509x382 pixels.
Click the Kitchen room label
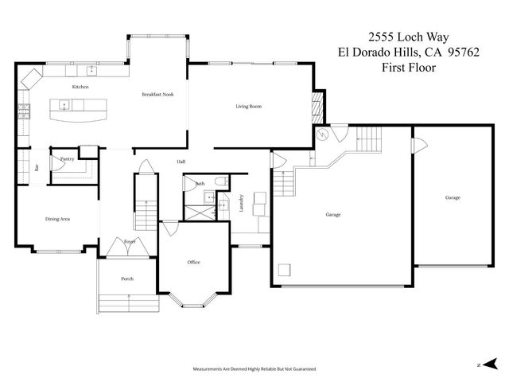(x=80, y=87)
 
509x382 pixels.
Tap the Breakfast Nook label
(x=157, y=94)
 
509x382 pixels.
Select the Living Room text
(x=248, y=106)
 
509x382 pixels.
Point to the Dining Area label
(x=57, y=218)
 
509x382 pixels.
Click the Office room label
(x=193, y=262)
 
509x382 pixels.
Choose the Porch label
(x=126, y=279)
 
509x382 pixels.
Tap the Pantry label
(x=67, y=159)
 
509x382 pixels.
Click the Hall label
(x=181, y=162)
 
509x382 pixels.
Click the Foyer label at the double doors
(x=129, y=240)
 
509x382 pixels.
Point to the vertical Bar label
(x=37, y=167)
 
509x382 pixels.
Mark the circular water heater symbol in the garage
(x=323, y=135)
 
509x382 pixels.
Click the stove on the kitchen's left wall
(x=23, y=111)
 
